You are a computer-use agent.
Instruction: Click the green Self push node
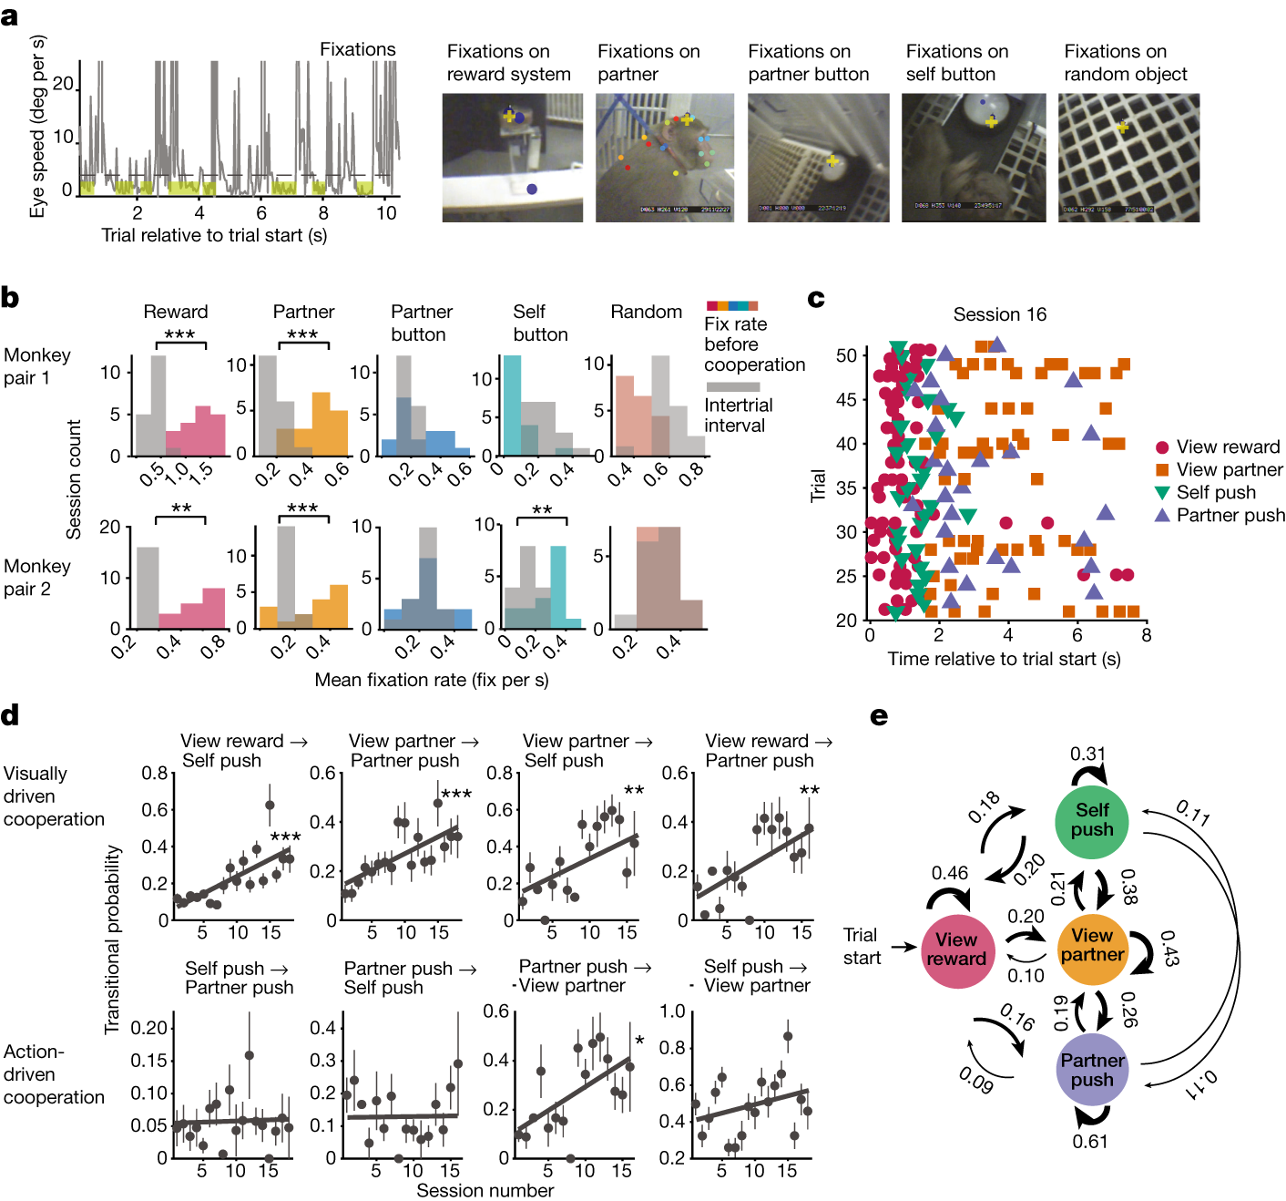coord(1091,821)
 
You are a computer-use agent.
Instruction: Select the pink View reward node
coord(956,950)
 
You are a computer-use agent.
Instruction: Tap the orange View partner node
coord(1092,947)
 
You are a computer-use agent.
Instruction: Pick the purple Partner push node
coord(1091,1070)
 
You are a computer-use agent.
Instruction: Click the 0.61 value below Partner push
coord(1090,1141)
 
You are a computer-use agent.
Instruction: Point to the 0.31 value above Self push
coord(1087,754)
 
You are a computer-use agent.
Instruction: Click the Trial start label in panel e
coord(861,946)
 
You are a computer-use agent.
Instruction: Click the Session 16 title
coord(999,314)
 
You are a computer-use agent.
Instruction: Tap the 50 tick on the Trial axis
coord(846,355)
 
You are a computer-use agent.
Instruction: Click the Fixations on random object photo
coord(1128,158)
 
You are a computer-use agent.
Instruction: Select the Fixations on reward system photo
coord(512,158)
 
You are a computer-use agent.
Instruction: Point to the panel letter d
coord(10,715)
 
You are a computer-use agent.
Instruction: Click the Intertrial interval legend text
coord(738,416)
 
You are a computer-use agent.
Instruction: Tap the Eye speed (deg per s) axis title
coord(37,127)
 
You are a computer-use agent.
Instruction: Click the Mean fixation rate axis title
coord(431,680)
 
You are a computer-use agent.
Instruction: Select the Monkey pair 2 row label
coord(36,578)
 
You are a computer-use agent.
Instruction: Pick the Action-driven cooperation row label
coord(53,1074)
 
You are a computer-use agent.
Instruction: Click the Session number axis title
coord(485,1190)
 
